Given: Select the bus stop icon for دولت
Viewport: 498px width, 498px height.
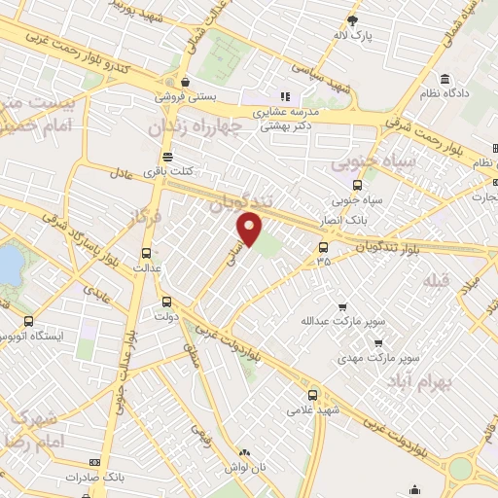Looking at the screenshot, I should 166,302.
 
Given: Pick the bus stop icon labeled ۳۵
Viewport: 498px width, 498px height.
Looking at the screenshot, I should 323,247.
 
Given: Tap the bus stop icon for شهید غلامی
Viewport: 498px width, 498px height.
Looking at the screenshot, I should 311,395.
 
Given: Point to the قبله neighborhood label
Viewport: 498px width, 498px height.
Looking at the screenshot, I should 434,280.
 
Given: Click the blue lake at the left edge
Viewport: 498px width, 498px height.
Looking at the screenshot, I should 8,263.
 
